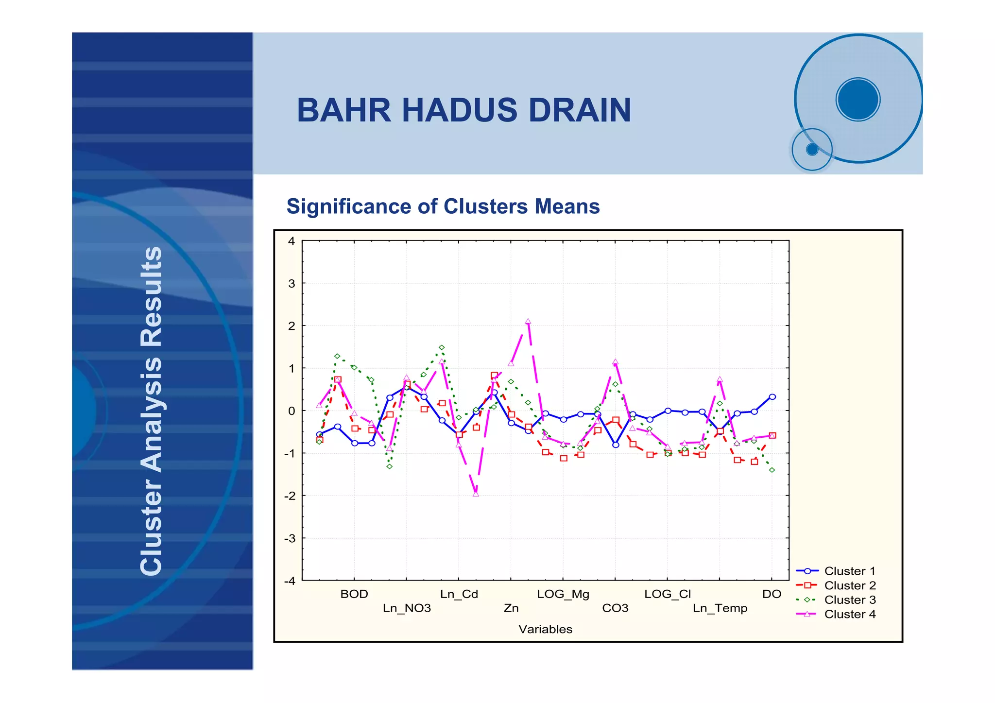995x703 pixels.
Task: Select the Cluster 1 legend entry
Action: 849,571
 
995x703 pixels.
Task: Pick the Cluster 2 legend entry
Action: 849,585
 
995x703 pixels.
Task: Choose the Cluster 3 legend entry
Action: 849,600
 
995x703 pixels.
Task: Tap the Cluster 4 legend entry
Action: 849,614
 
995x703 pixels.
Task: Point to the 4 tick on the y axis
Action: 291,241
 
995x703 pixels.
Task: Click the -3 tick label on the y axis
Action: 290,538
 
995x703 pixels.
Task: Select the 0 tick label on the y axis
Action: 291,411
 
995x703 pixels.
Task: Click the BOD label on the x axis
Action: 354,594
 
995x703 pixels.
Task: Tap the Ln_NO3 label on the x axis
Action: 407,608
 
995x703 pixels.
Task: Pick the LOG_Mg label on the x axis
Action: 563,594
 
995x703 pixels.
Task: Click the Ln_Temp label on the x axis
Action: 720,608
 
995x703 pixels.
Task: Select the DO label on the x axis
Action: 772,594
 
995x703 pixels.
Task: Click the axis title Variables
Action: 545,629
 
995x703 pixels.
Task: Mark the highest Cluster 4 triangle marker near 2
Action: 528,322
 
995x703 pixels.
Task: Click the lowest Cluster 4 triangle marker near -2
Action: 476,494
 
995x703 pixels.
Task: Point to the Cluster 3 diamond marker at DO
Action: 772,470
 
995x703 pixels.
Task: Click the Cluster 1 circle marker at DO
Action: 772,397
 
